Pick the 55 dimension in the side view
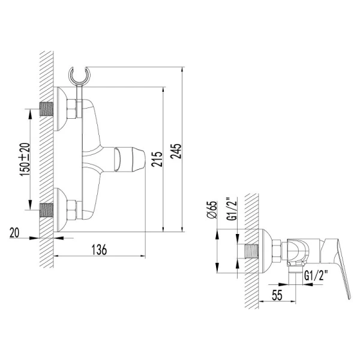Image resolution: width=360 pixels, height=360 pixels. click(x=277, y=295)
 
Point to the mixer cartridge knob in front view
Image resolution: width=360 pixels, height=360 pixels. click(x=131, y=160)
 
